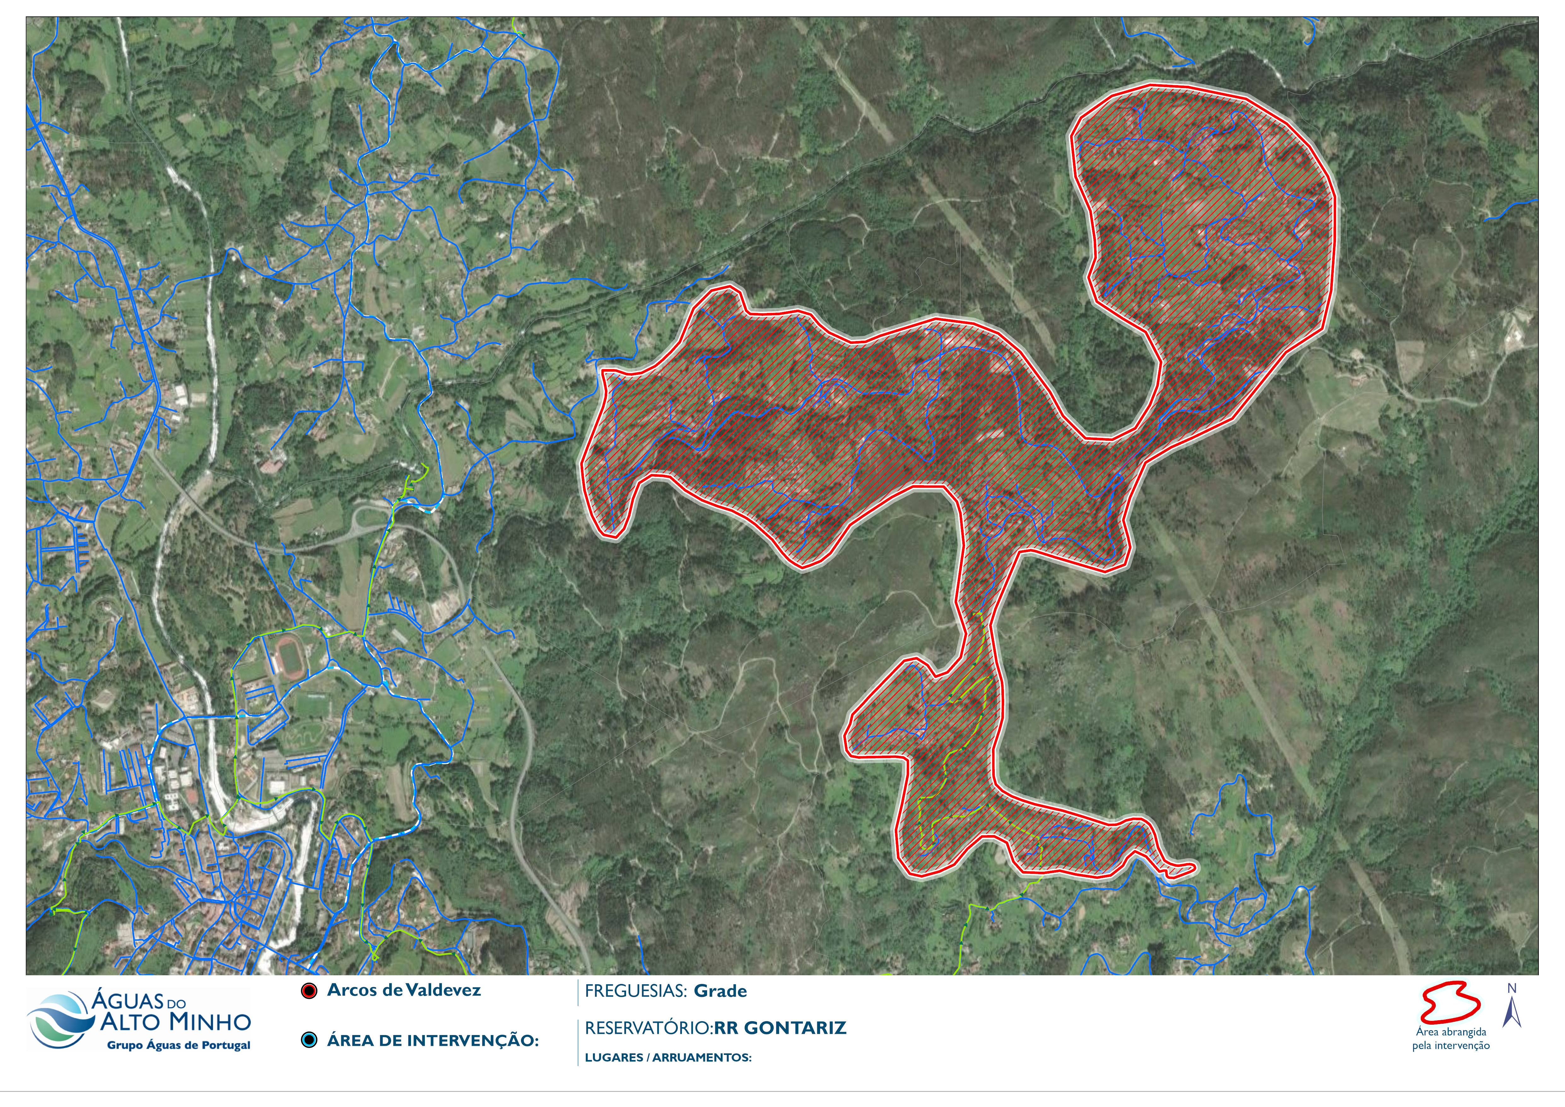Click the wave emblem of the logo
pyautogui.click(x=60, y=1021)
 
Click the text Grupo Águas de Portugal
pyautogui.click(x=179, y=1046)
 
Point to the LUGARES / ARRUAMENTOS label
pyautogui.click(x=668, y=1058)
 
